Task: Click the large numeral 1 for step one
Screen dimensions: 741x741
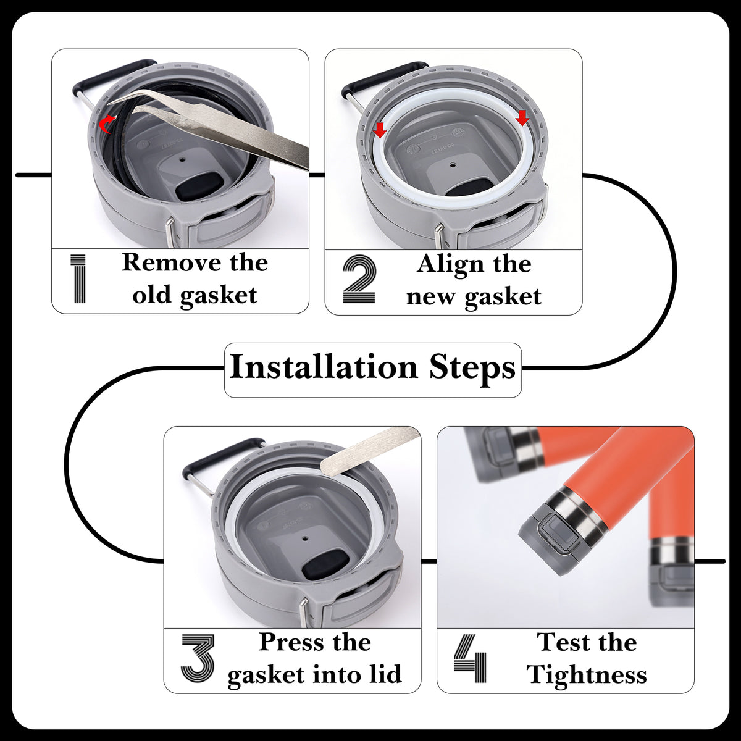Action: coord(78,278)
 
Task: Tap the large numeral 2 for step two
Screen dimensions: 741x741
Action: coord(359,279)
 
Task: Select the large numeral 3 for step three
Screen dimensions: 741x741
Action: coord(198,658)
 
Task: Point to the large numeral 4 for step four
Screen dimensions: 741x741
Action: coord(470,658)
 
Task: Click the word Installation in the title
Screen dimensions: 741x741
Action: coord(324,366)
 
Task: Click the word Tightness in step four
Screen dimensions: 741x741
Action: coord(587,676)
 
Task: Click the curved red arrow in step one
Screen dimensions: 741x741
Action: coord(106,124)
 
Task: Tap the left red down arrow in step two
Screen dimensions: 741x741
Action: coord(380,130)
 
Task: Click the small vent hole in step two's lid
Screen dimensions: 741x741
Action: coord(453,165)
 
